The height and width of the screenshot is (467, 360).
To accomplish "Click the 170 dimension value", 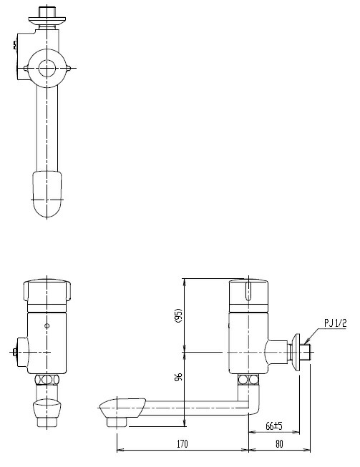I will click(x=182, y=444).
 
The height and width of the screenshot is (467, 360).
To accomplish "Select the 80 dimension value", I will click(x=280, y=444).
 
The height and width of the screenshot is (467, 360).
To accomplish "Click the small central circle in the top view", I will click(x=48, y=69).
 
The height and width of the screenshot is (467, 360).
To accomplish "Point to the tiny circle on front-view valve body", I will click(x=47, y=325).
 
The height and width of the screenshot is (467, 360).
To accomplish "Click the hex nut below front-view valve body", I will click(x=47, y=380).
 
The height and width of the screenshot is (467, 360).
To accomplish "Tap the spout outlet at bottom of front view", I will click(x=47, y=412).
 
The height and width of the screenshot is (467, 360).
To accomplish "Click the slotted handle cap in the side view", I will click(x=248, y=293).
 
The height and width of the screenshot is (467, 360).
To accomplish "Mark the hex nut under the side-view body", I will click(x=248, y=380).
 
